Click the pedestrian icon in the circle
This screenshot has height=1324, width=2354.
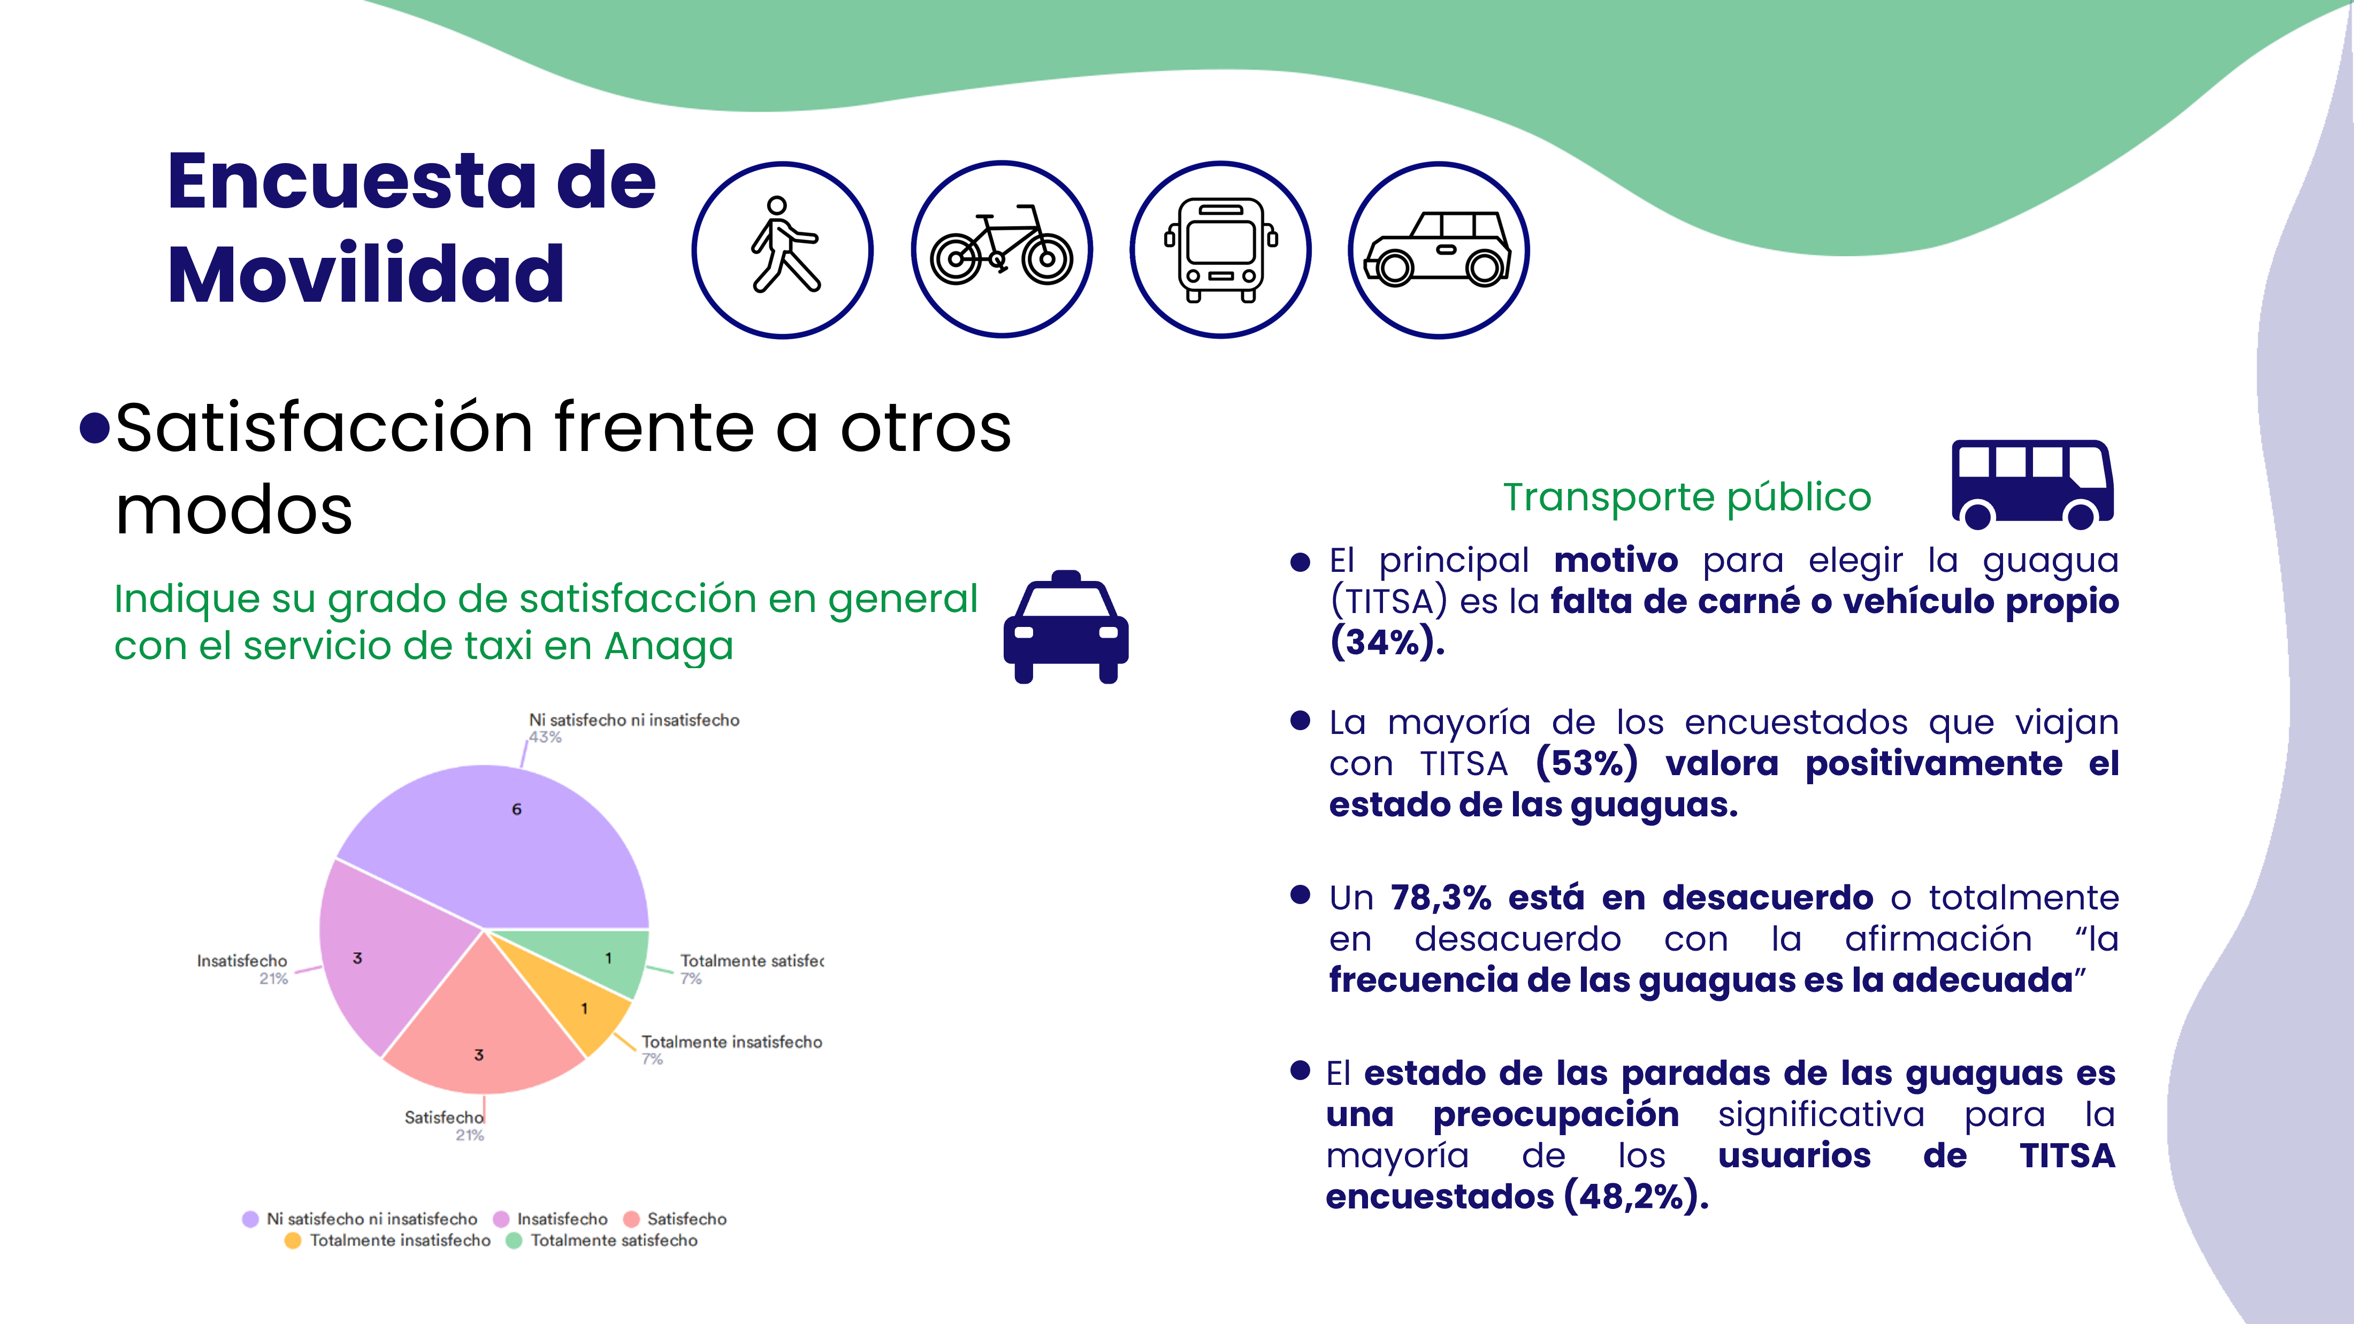[782, 249]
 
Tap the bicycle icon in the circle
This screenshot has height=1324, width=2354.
[1002, 249]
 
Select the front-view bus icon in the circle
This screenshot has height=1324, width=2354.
[1221, 249]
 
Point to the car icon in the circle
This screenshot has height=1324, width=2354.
[1439, 249]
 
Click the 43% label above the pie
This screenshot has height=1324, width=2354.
[546, 737]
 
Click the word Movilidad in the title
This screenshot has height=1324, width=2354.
[365, 273]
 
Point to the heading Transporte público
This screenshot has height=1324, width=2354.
[1687, 497]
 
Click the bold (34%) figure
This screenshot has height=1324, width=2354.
[1386, 642]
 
